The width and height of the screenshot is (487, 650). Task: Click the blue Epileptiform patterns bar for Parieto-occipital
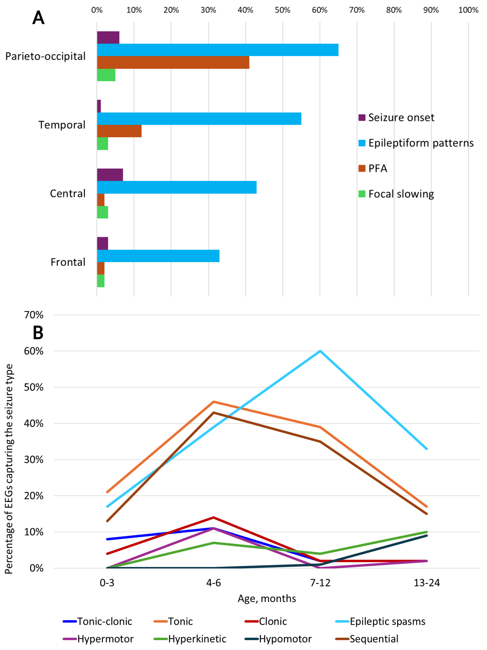[217, 50]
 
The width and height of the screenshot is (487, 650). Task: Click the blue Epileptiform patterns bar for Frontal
[158, 256]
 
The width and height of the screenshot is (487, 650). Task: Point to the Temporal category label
[62, 125]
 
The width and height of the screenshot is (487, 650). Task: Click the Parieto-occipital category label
[46, 56]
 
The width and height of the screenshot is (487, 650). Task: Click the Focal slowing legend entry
[401, 194]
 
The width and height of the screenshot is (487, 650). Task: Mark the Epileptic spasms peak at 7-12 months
[320, 351]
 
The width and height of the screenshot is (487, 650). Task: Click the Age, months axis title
[267, 598]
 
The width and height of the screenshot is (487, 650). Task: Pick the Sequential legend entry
[374, 639]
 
